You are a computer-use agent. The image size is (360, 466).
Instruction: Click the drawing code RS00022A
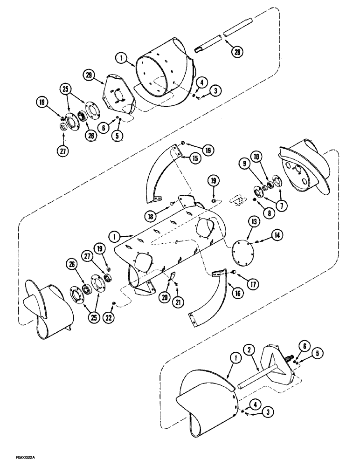(20, 459)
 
